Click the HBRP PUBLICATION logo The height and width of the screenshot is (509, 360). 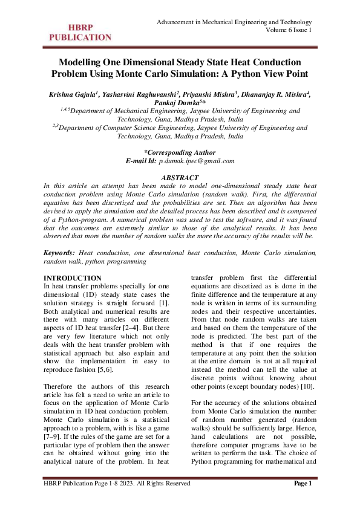76,32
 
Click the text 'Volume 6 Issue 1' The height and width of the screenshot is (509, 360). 289,30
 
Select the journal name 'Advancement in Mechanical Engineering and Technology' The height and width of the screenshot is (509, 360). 234,22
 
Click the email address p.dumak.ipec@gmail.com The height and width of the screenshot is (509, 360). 197,161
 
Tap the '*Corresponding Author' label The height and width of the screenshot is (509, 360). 180,152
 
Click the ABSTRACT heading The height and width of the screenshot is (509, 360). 180,178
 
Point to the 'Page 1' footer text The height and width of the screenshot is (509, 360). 302,483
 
